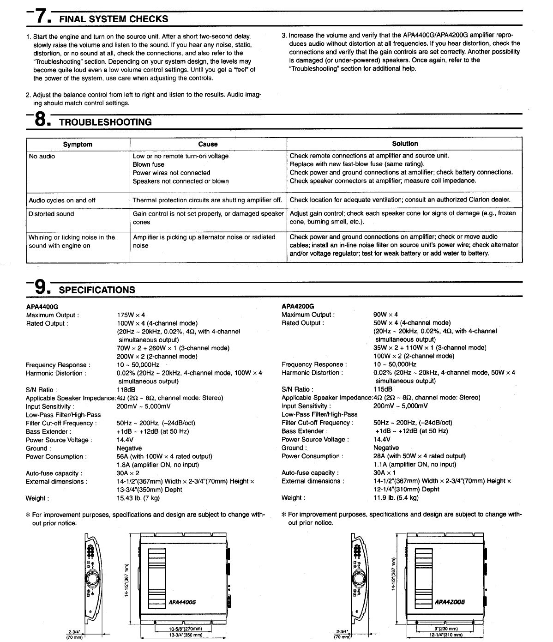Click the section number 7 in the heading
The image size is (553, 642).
(x=40, y=17)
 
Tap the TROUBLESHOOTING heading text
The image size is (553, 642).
(x=105, y=122)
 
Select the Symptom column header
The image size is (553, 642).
(x=78, y=145)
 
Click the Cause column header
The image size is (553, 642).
(x=208, y=145)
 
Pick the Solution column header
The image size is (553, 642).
(x=405, y=144)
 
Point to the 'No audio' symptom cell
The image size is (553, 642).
(x=42, y=157)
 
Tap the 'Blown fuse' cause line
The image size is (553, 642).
(x=149, y=165)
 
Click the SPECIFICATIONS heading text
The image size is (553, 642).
(x=97, y=290)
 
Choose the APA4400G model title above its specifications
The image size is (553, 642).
(x=42, y=306)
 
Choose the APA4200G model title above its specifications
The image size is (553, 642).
(x=298, y=306)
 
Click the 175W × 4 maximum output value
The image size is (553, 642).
(x=131, y=315)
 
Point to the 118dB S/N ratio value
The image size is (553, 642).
(x=126, y=390)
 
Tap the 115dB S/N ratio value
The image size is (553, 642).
(x=383, y=390)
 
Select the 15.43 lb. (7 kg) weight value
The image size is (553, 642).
(x=138, y=498)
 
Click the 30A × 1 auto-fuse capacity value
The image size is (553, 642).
(x=385, y=473)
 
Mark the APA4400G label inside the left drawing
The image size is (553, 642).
(x=182, y=602)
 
